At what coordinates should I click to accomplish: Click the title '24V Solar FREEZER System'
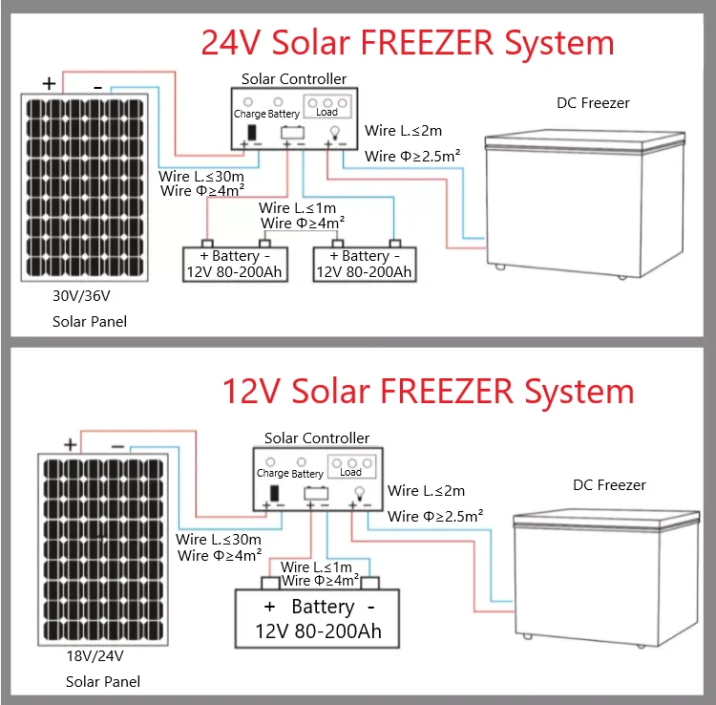pyautogui.click(x=407, y=43)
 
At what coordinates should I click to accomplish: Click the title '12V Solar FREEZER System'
pyautogui.click(x=428, y=392)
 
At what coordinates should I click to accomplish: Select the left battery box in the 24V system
pyautogui.click(x=235, y=264)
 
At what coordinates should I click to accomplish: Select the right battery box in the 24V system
pyautogui.click(x=365, y=264)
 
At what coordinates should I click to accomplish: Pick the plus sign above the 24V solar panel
pyautogui.click(x=49, y=84)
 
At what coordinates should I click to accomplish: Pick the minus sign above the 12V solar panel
pyautogui.click(x=117, y=445)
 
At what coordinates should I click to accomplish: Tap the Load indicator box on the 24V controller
pyautogui.click(x=327, y=107)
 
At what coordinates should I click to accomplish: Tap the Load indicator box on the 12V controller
pyautogui.click(x=350, y=468)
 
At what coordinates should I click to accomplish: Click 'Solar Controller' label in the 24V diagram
pyautogui.click(x=294, y=79)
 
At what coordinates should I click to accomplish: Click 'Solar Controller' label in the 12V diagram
pyautogui.click(x=317, y=438)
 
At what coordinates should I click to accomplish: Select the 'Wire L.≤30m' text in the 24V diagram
pyautogui.click(x=201, y=177)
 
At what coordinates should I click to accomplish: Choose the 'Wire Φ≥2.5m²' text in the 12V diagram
pyautogui.click(x=435, y=516)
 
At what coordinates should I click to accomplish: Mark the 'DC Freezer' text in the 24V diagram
pyautogui.click(x=593, y=103)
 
